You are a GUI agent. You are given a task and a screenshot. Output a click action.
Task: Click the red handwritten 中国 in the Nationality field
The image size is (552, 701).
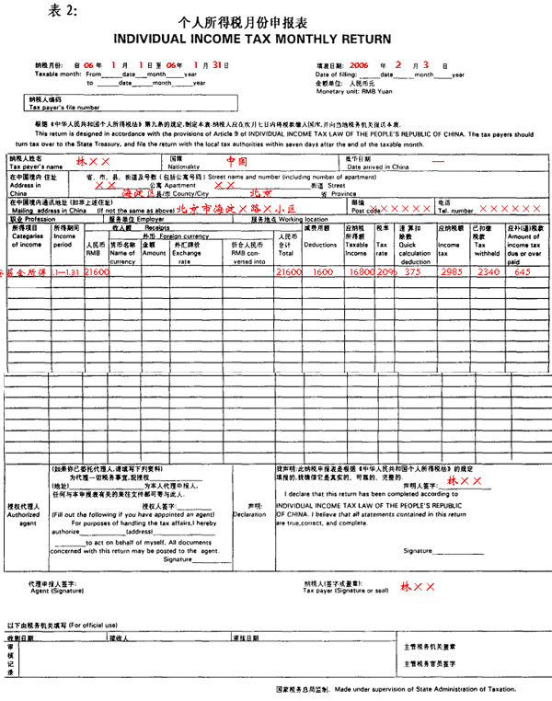[x=237, y=160]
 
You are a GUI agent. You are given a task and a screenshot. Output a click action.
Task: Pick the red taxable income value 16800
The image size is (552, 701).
[x=358, y=273]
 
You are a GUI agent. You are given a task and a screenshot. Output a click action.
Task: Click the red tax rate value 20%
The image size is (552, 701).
[x=385, y=273]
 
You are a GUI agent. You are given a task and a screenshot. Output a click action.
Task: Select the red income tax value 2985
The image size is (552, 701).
[x=449, y=273]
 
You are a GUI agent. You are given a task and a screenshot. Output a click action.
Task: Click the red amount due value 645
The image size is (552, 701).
[x=522, y=272]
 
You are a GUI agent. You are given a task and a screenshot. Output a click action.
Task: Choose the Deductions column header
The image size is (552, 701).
[x=320, y=246]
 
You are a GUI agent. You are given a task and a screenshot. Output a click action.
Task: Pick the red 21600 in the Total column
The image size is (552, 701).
[x=289, y=273]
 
